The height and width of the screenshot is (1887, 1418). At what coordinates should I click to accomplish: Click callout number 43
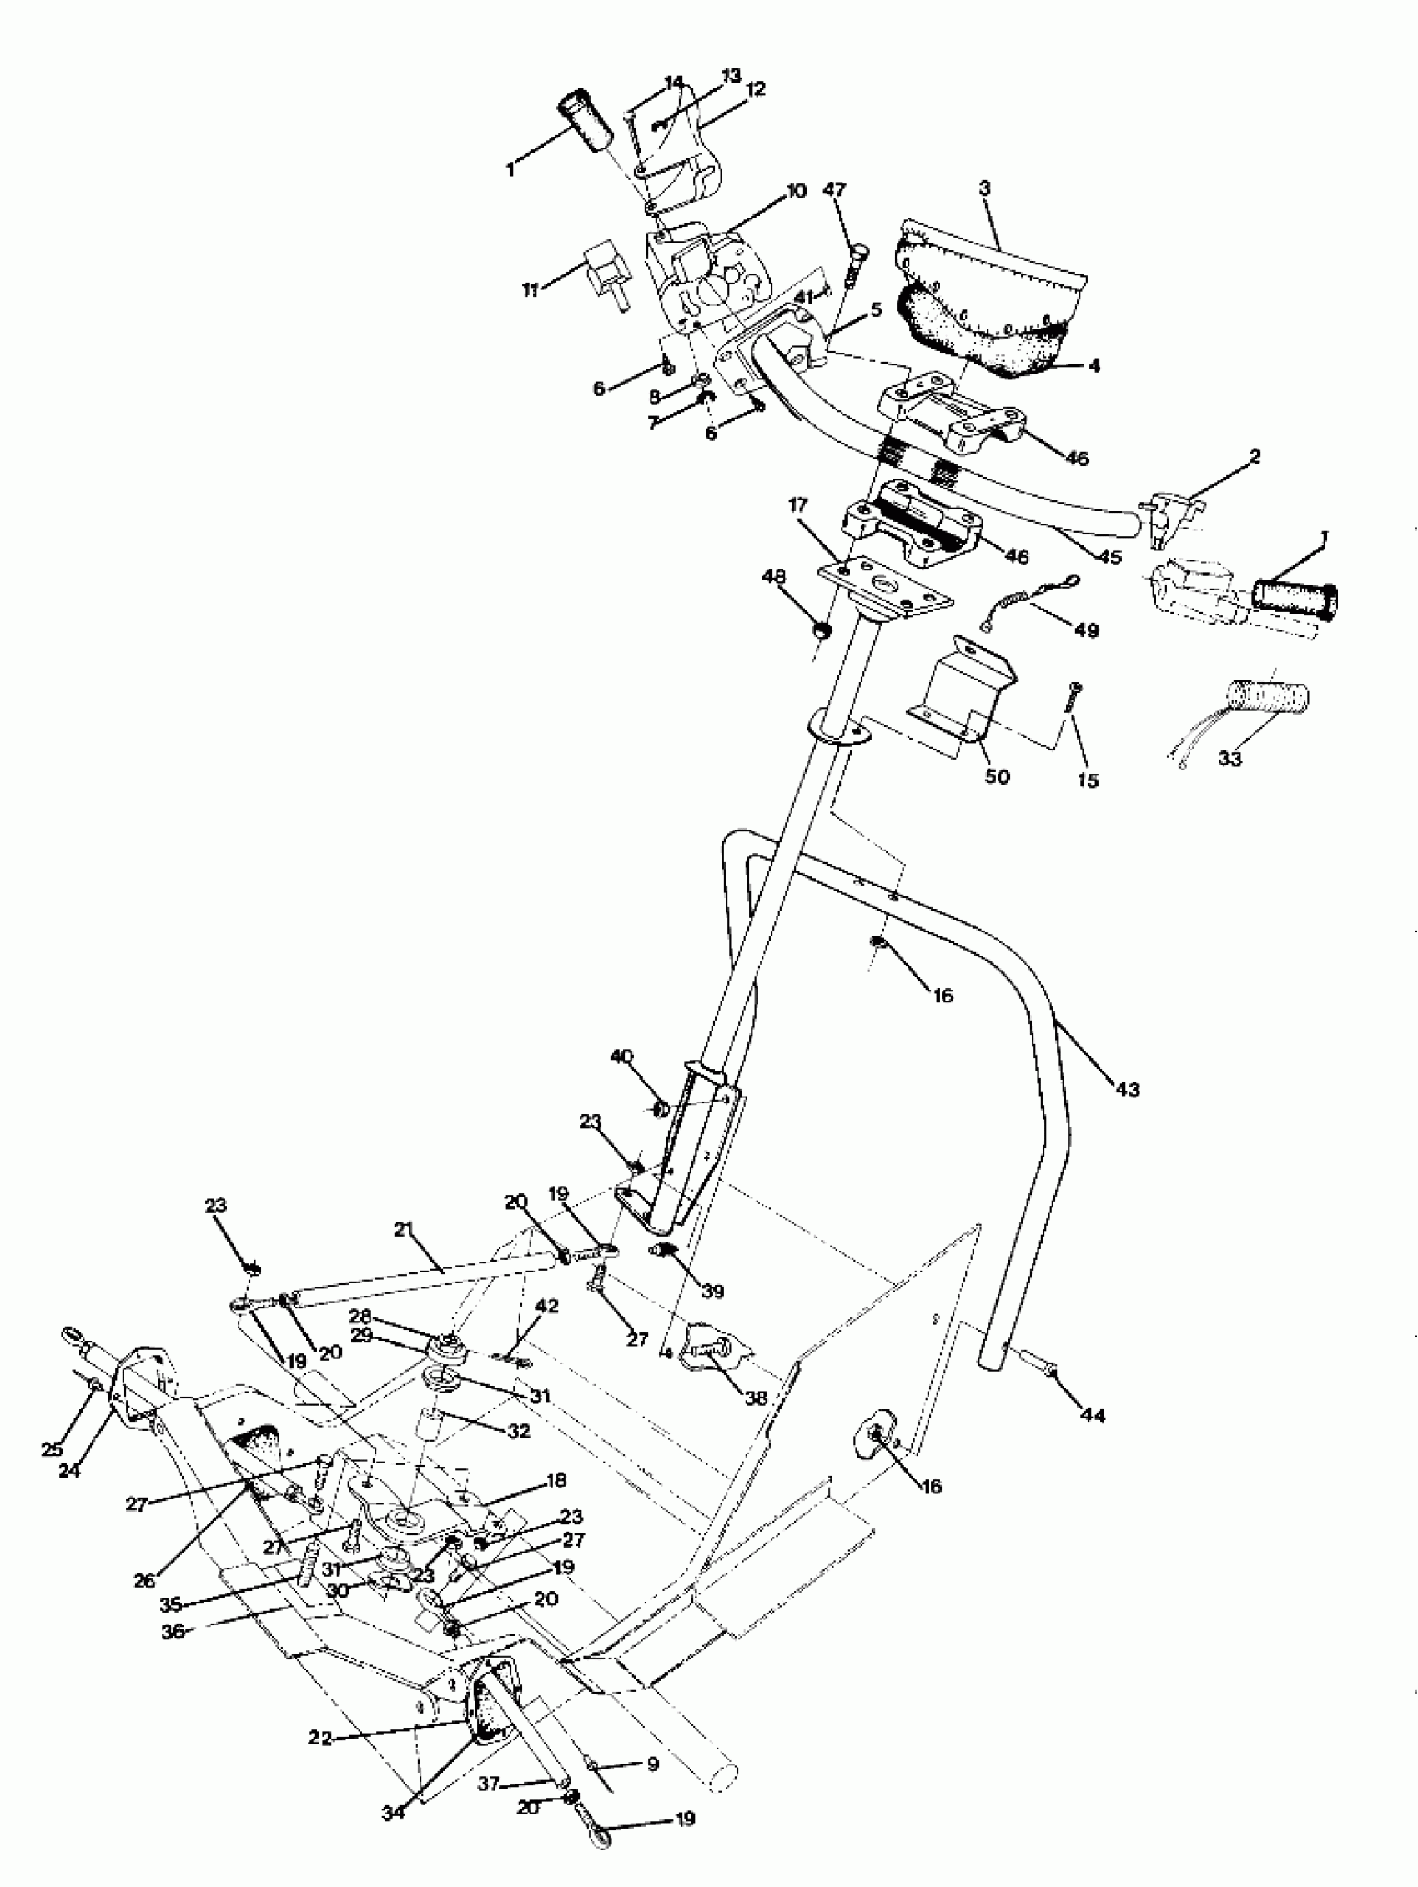coord(1126,1089)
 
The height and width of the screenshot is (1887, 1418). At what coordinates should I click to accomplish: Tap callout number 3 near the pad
coord(984,188)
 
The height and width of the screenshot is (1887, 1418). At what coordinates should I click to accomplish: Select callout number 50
coord(997,776)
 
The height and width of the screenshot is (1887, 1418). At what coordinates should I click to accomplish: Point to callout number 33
coord(1229,757)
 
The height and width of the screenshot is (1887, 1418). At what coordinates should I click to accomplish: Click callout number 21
coord(403,1229)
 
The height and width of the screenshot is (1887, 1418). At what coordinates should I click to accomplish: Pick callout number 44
coord(1092,1415)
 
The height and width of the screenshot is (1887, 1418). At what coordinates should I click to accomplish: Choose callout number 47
coord(834,189)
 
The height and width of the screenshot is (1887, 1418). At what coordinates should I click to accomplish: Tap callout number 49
coord(1086,630)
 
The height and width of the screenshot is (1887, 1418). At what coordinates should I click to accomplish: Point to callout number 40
coord(621,1057)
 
